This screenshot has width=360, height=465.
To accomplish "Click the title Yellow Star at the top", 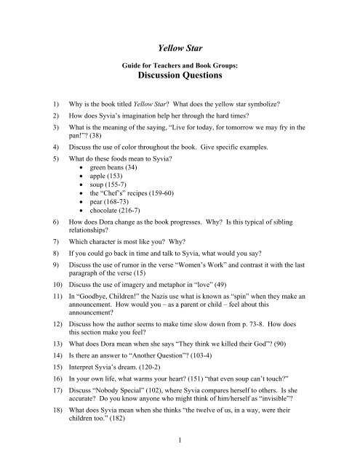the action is click(180, 49).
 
